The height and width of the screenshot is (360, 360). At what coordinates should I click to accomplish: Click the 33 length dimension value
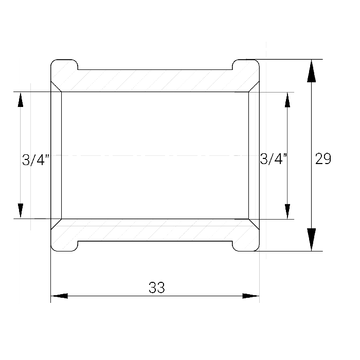157,287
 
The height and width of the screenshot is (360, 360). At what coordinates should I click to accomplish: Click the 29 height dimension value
323,158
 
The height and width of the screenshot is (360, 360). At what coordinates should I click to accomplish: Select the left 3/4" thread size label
36,160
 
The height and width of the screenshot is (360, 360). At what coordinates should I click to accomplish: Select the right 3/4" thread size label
274,158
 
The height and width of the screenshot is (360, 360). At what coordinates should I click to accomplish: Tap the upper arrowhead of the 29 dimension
311,71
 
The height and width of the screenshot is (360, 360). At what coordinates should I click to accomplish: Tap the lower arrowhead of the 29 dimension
311,240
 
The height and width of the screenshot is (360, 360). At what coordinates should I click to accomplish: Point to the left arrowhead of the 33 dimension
59,296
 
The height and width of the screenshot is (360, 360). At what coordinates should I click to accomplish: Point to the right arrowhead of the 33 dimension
251,296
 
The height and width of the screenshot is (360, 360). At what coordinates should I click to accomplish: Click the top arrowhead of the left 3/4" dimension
21,100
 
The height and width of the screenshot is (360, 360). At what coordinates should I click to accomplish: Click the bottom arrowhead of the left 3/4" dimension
21,211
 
